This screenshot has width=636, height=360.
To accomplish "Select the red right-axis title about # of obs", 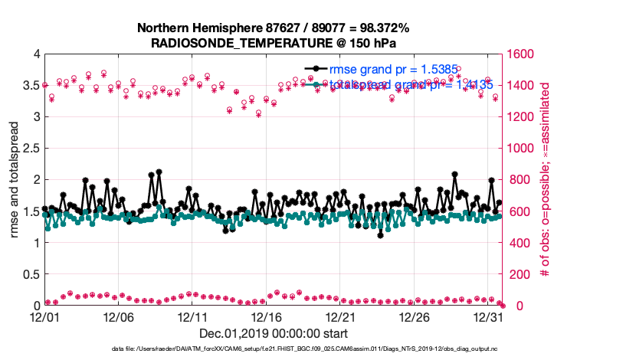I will pos(546,180).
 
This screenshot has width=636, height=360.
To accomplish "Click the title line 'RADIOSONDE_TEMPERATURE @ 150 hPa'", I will pos(274,43).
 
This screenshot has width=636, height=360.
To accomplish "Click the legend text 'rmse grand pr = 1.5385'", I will pos(394,70).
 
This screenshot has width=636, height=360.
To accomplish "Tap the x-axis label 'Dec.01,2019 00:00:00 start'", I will pos(274,333).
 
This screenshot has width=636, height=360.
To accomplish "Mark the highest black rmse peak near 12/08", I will pos(159,172).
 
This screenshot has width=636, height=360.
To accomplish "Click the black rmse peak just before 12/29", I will pos(454,175).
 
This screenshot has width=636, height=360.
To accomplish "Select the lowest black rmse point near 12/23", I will pos(381,235).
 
